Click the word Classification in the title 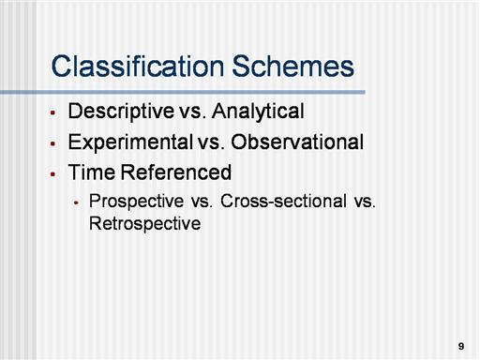[138, 66]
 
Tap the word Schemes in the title [292, 66]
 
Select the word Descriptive [121, 112]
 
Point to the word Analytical [258, 112]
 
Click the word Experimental [130, 142]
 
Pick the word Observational [297, 142]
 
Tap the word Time [92, 172]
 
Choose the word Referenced [176, 172]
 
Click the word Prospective [136, 202]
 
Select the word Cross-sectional [283, 201]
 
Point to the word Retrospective [145, 224]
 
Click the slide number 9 [461, 346]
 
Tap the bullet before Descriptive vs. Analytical [52, 112]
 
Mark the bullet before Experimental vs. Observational [52, 143]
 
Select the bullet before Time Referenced [52, 173]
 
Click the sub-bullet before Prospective [77, 202]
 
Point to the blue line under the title [183, 92]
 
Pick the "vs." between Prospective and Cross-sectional [202, 202]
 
